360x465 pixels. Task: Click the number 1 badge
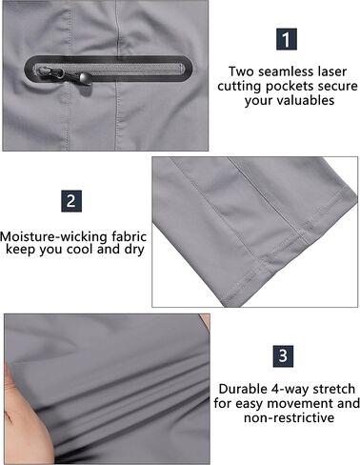coord(287,39)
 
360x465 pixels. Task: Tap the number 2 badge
coord(71,201)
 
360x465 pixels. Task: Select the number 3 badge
coord(283,356)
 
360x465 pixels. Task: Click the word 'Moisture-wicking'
coord(53,237)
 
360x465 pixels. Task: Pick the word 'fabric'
coord(130,237)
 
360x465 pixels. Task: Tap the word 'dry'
coord(134,250)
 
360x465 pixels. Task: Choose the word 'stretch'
coord(334,389)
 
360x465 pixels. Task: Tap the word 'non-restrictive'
coord(289,417)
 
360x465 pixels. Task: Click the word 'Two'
coord(241,71)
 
